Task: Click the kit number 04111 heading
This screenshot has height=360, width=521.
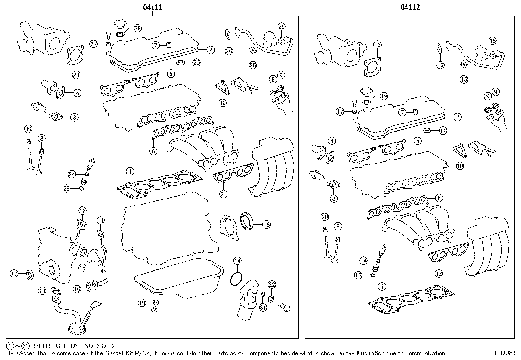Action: click(x=152, y=7)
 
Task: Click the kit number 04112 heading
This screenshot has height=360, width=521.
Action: click(x=410, y=7)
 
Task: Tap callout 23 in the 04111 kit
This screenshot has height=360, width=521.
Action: click(x=76, y=75)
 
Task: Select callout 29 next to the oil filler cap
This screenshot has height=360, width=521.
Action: click(x=137, y=28)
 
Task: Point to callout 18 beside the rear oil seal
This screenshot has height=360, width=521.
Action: click(x=266, y=224)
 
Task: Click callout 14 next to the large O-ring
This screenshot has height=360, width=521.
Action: click(x=237, y=261)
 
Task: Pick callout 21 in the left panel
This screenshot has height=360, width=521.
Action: click(x=223, y=194)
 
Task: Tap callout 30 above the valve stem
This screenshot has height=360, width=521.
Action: click(x=28, y=129)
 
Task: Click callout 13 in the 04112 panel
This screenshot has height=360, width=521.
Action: click(x=377, y=45)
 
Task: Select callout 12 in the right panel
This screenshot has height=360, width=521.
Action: click(x=439, y=273)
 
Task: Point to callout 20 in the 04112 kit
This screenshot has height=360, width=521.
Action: click(x=325, y=217)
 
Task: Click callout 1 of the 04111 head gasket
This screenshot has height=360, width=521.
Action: click(x=130, y=171)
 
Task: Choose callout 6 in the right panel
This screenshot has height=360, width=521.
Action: click(x=439, y=198)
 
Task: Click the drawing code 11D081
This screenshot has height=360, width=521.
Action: click(x=505, y=353)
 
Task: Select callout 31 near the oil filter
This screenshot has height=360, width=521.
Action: click(x=263, y=307)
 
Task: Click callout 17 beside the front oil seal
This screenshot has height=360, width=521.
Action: click(x=14, y=273)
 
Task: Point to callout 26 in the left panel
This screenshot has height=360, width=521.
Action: click(x=229, y=51)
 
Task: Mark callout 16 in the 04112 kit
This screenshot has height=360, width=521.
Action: click(x=440, y=65)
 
